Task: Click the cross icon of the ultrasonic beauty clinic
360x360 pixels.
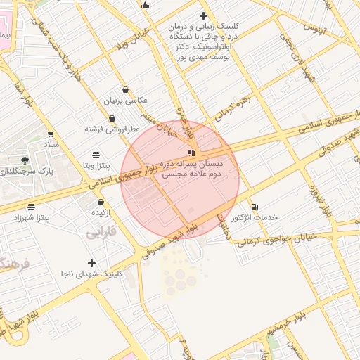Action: [x=204, y=15]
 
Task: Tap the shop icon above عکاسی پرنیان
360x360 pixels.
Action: [x=125, y=90]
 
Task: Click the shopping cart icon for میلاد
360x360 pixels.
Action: [x=51, y=134]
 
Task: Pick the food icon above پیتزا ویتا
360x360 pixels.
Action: [x=96, y=154]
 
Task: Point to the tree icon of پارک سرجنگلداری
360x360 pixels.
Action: [x=25, y=160]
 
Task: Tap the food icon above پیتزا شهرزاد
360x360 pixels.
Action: [x=31, y=207]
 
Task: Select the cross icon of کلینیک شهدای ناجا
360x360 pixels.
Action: [x=91, y=263]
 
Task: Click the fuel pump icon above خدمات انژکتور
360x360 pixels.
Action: [x=254, y=207]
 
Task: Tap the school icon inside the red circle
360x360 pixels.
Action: [x=191, y=152]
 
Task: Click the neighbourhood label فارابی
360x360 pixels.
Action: [x=100, y=231]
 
